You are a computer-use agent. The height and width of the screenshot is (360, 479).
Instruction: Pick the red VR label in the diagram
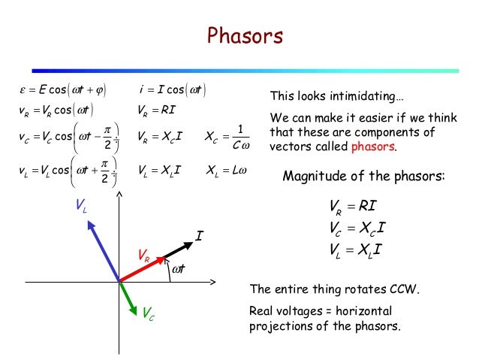[x=142, y=256]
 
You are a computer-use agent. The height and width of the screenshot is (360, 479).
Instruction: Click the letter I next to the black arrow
[x=199, y=236]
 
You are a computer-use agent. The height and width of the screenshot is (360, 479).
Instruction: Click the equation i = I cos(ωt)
[x=173, y=92]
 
